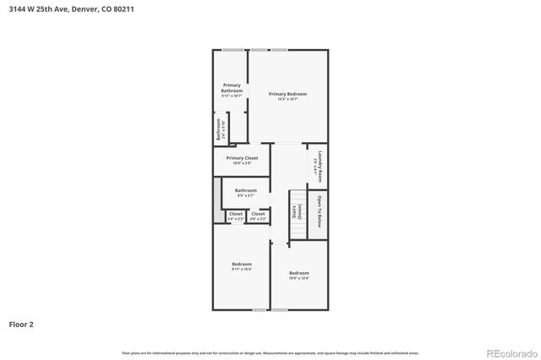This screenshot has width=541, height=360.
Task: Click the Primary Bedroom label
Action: pyautogui.click(x=287, y=94)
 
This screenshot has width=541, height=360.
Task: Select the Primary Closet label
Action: pyautogui.click(x=242, y=158)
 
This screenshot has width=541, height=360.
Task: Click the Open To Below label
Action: pyautogui.click(x=320, y=210)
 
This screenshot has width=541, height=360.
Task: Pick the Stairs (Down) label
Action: pyautogui.click(x=297, y=211)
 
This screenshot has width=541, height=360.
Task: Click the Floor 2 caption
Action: pyautogui.click(x=21, y=324)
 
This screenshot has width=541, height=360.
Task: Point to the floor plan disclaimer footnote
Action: pyautogui.click(x=270, y=352)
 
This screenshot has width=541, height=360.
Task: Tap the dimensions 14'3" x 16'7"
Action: pyautogui.click(x=287, y=99)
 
